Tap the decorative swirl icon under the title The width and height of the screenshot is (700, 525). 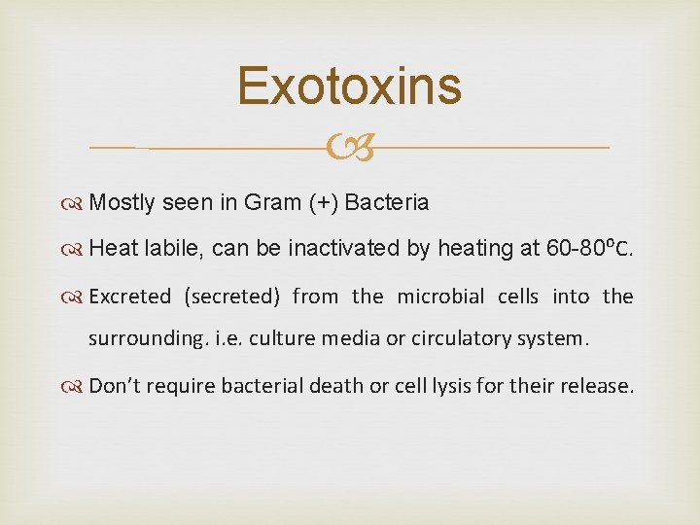(350, 148)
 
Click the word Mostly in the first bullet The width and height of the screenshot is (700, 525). (123, 203)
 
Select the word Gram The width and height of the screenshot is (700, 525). (272, 203)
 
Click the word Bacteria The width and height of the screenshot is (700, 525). (387, 203)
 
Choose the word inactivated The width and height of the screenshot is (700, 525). (345, 250)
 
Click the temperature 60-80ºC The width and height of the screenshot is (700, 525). (590, 249)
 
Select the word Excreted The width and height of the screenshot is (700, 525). (129, 297)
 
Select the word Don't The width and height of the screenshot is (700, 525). (114, 386)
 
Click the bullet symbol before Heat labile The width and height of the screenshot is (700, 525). (76, 250)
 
